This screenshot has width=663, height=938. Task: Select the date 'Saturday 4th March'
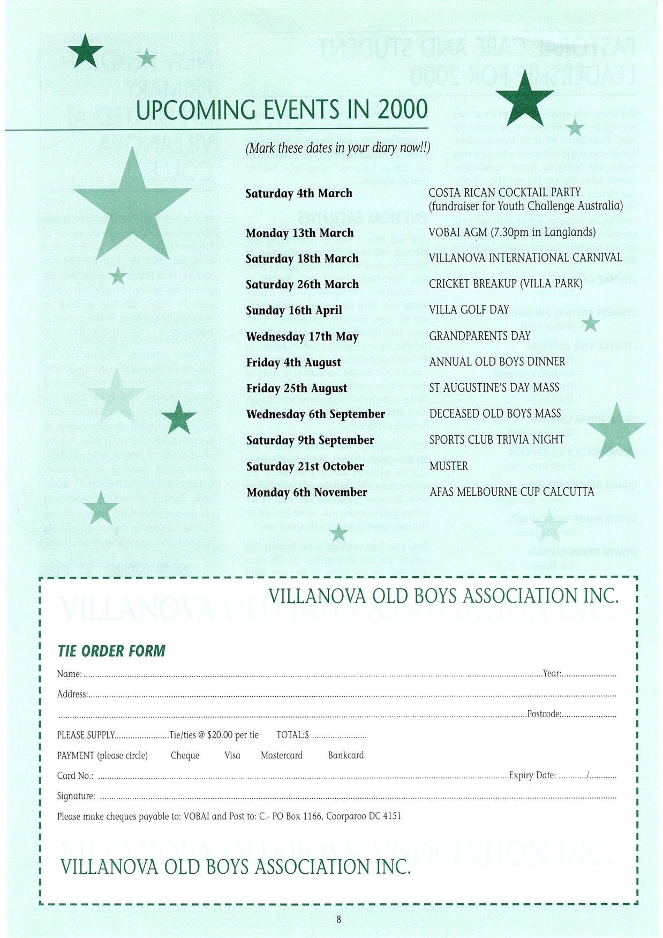299,193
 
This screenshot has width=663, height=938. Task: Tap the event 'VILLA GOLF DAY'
469,310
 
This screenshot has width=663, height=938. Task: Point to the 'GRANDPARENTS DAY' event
480,336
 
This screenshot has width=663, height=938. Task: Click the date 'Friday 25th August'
297,388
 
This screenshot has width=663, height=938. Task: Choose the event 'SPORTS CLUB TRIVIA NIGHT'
496,440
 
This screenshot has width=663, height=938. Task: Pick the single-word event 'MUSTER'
449,466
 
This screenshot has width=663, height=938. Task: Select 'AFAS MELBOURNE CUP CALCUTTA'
511,492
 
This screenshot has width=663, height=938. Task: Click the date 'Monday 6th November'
307,493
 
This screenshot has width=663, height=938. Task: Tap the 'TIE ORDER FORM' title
111,651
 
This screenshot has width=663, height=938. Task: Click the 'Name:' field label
70,674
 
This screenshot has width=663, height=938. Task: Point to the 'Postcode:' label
544,714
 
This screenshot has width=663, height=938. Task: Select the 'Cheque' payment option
185,755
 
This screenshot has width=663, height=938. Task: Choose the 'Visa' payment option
232,755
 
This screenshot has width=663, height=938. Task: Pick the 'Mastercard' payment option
282,755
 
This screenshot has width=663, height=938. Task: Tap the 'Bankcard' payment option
346,755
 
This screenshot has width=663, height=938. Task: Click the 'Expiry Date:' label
532,776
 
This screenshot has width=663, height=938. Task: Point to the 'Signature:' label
76,796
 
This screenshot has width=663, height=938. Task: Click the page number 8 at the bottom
338,920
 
